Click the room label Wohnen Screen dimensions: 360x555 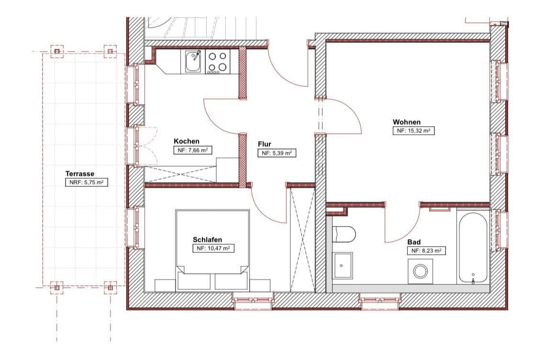point(407,122)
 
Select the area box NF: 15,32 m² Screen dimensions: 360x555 point(413,131)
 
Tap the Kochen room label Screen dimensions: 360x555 point(187,141)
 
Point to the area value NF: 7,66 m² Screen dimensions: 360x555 point(193,150)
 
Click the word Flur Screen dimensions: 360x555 point(265,144)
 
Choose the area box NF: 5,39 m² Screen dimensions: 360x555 point(277,153)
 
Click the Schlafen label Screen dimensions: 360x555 point(207,240)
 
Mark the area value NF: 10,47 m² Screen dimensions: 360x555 point(213,249)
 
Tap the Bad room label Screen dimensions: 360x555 point(414,242)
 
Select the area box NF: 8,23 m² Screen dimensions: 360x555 point(426,251)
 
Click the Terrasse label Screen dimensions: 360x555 point(79,174)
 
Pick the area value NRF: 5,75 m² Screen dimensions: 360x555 point(87,182)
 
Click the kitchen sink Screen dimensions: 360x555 point(193,62)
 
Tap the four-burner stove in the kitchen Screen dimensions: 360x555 point(217,62)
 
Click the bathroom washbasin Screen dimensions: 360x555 point(343,265)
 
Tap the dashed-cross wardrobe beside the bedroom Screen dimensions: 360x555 point(302,239)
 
